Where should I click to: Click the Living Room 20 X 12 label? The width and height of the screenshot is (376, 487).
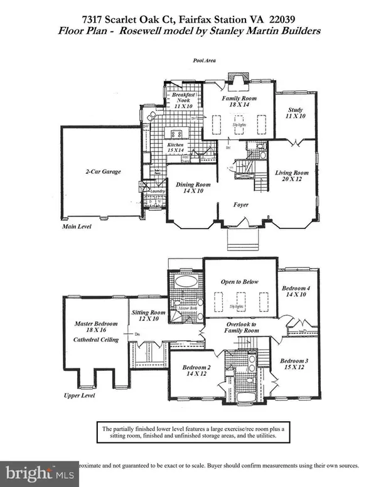(x=292, y=177)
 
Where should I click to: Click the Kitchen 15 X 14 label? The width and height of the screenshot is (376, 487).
(x=176, y=148)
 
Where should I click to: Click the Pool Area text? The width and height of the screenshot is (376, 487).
(x=205, y=61)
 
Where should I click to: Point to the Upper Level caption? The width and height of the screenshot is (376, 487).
(x=78, y=396)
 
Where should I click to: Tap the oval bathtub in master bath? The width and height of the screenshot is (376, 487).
(x=185, y=281)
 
